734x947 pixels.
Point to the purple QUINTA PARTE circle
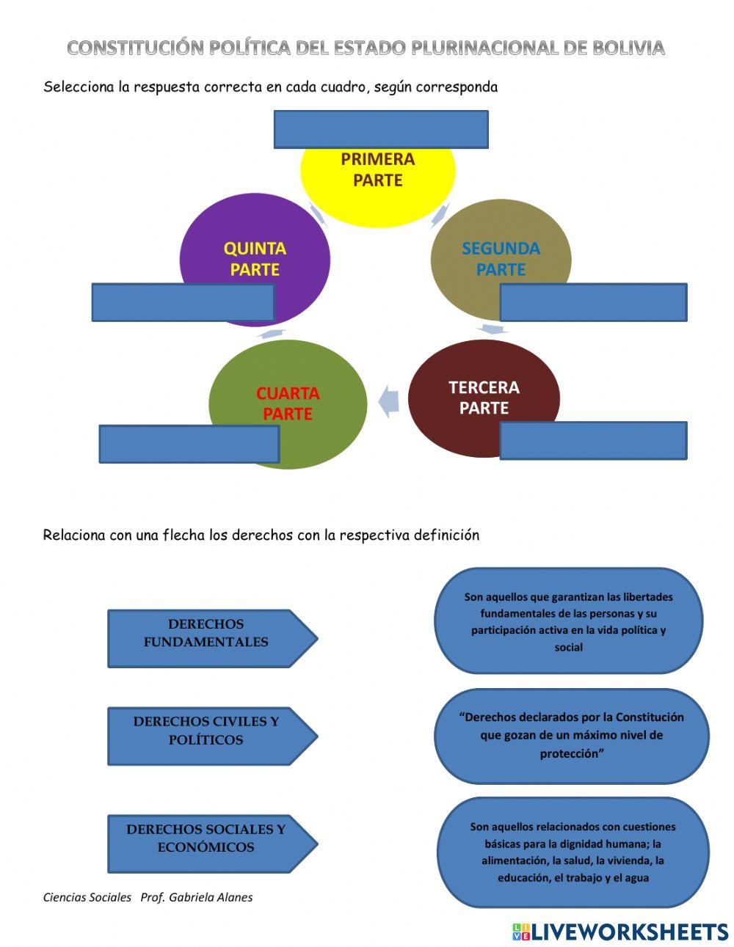255,249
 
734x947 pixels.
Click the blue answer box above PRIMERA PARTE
381,129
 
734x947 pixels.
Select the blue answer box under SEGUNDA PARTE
593,302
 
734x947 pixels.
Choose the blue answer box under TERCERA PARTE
593,440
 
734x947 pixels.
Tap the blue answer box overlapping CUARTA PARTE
189,444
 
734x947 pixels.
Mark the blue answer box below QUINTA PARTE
183,302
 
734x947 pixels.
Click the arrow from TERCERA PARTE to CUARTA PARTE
389,401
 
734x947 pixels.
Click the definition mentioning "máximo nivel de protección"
571,736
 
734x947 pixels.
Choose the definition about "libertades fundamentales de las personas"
569,621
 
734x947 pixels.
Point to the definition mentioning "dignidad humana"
573,852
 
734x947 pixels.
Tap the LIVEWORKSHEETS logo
620,932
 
